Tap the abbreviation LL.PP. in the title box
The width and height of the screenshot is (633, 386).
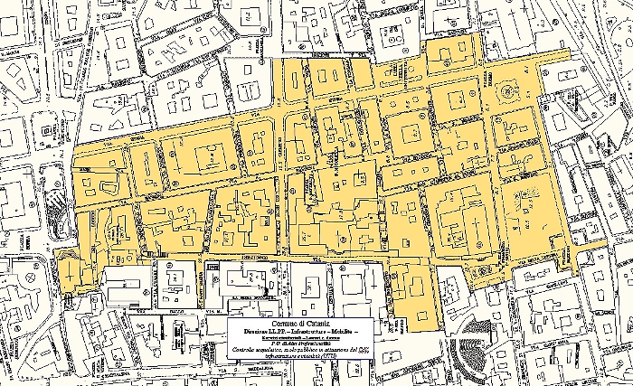[277, 332]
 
